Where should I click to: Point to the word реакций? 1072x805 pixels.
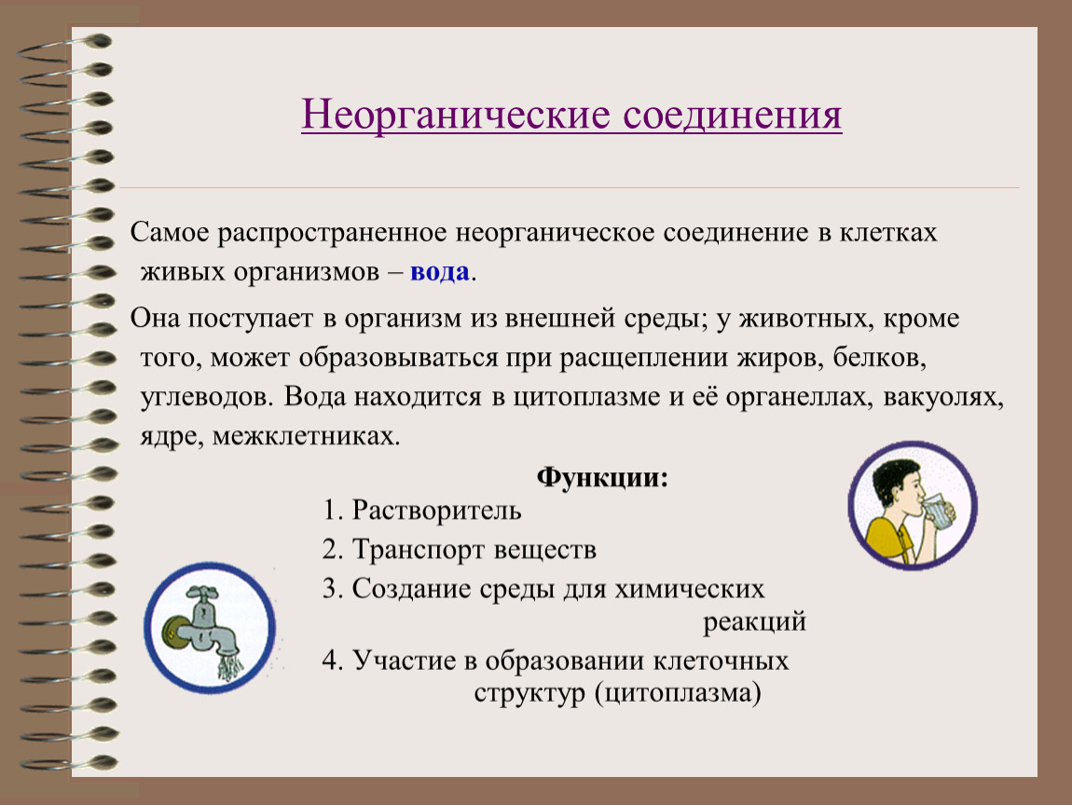tap(754, 621)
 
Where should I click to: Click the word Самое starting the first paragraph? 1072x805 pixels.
tap(172, 233)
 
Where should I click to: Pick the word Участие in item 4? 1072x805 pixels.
tap(400, 661)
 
